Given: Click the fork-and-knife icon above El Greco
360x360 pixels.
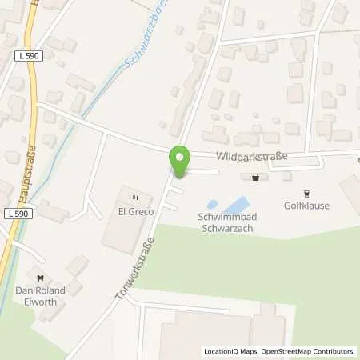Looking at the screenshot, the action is coord(137,198).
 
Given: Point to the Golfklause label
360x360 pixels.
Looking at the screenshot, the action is coord(306,206).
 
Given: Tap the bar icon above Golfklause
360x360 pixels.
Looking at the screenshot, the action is coord(306,192).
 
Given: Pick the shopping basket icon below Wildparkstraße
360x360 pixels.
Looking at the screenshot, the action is coord(255,178).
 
